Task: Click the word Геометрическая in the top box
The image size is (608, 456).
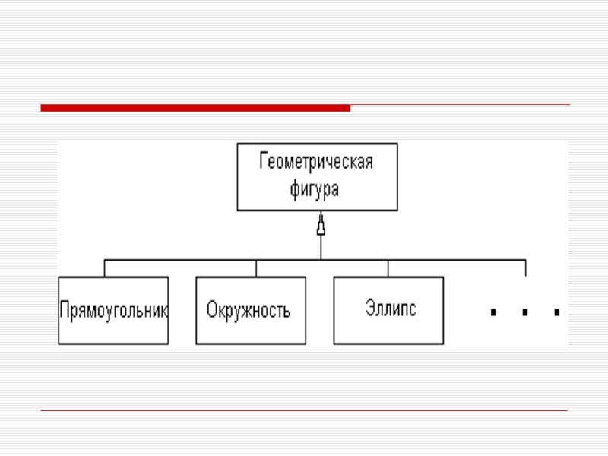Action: [316, 163]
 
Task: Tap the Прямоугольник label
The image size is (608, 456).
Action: [114, 311]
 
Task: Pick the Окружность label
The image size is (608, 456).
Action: [249, 311]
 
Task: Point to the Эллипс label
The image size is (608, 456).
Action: [391, 309]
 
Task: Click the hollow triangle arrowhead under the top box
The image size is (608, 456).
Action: [321, 226]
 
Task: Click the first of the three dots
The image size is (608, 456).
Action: [493, 312]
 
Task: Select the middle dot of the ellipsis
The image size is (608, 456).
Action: [525, 312]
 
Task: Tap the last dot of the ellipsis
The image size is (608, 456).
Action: [557, 312]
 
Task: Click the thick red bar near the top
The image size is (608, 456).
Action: [195, 108]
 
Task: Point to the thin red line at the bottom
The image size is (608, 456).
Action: [304, 411]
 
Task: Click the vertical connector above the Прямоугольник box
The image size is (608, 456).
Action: [105, 268]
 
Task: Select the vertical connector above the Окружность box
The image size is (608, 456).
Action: [256, 268]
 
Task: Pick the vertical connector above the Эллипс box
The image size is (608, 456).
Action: [388, 268]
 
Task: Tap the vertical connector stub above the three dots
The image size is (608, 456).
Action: [525, 268]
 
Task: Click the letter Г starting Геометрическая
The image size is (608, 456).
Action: [264, 163]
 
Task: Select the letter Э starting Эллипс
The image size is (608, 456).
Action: [369, 309]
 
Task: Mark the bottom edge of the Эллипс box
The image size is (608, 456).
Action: [389, 344]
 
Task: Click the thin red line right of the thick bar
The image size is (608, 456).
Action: [460, 105]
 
